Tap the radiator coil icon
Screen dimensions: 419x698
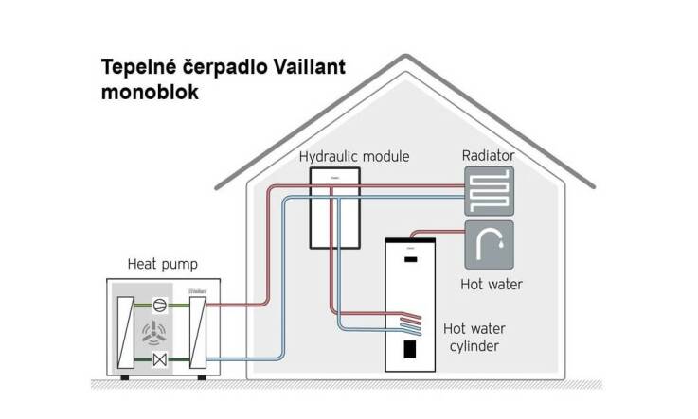coord(489,191)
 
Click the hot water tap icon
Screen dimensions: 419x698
coord(489,246)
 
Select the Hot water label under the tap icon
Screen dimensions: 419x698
coord(491,283)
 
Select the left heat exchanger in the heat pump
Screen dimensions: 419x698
coord(125,331)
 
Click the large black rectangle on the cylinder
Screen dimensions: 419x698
coord(410,350)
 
